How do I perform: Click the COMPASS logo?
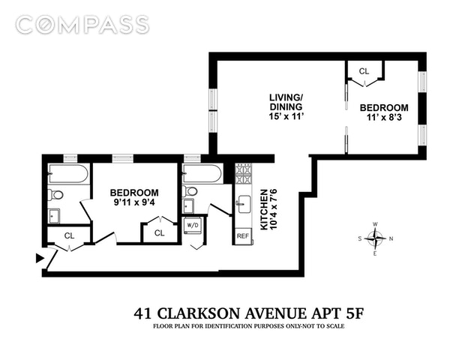[x=82, y=24]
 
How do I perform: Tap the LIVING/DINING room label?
[x=286, y=102]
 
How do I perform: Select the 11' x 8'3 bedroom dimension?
[x=384, y=117]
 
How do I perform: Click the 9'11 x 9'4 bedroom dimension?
[x=134, y=202]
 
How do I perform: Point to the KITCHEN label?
[x=264, y=209]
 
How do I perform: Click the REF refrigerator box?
[x=243, y=236]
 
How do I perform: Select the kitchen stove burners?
[x=243, y=174]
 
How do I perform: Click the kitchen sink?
[x=244, y=204]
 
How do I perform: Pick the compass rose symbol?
[x=376, y=238]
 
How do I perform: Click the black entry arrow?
[x=40, y=258]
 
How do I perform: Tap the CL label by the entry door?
[x=69, y=235]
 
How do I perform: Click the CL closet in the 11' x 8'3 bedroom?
[x=364, y=71]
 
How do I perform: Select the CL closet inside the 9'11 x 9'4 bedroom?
[x=160, y=232]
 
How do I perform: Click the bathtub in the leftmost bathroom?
[x=68, y=174]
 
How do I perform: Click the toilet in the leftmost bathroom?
[x=55, y=195]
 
